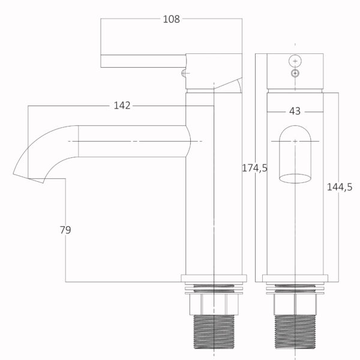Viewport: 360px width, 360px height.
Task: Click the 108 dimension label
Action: pos(171,19)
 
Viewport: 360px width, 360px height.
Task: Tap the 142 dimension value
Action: pos(122,106)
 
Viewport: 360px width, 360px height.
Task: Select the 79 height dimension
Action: pos(65,230)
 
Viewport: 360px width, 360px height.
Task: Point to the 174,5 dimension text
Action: pos(255,168)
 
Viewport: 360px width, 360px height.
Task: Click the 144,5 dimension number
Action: pos(340,187)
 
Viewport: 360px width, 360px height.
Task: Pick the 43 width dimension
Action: pos(295,111)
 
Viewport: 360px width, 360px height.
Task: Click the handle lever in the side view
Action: pos(143,61)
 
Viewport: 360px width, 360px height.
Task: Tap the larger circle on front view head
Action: pos(295,61)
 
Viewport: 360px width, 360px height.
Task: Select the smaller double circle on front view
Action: pos(295,73)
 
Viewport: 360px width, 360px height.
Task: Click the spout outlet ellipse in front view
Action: pos(295,179)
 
